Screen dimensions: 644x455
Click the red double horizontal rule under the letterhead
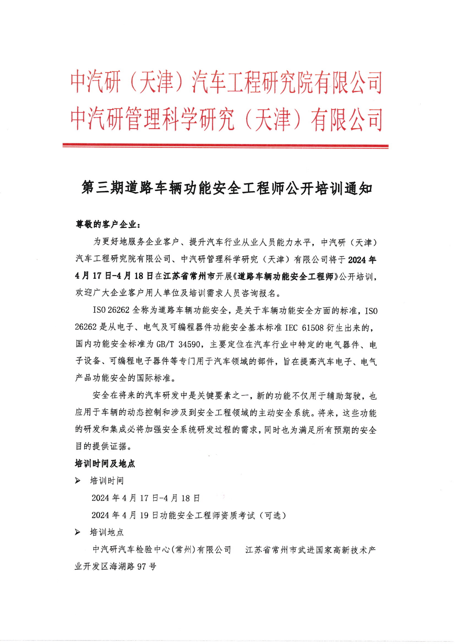tap(225, 146)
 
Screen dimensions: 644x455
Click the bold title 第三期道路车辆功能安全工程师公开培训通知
tap(227, 188)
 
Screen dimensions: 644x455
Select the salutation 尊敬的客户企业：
tap(108, 225)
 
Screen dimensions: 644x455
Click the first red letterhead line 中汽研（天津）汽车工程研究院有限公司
tap(226, 83)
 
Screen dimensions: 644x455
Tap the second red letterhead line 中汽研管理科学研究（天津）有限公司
tap(226, 120)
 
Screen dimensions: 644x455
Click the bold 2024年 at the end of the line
tap(362, 259)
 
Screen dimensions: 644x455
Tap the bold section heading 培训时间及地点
tap(105, 463)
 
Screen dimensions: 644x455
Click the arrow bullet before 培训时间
tap(78, 481)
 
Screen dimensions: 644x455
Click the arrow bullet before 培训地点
tap(78, 532)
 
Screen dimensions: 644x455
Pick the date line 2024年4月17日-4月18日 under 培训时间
tap(146, 498)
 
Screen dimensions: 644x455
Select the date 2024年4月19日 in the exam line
tap(125, 515)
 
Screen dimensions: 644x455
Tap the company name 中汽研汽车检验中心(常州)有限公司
tap(162, 549)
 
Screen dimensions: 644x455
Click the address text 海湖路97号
tap(133, 566)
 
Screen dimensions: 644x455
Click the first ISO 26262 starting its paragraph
tap(111, 310)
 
